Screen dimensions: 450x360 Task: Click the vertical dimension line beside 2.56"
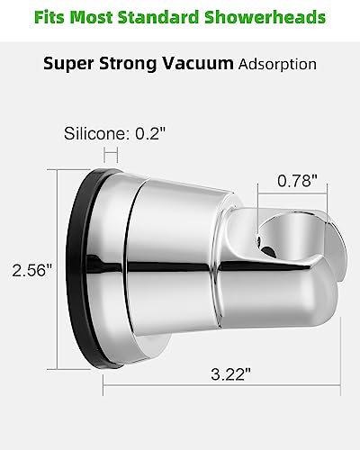[58, 270]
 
